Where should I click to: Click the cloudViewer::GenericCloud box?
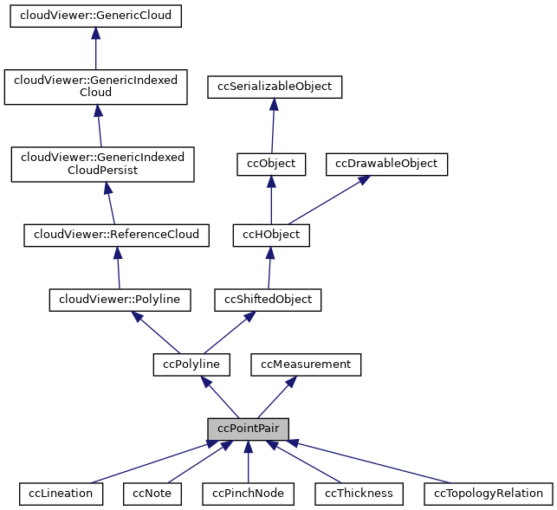pos(95,16)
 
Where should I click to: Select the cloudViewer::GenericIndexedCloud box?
pos(95,86)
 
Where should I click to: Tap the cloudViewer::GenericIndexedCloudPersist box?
pos(102,164)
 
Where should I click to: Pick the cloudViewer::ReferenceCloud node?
pos(116,234)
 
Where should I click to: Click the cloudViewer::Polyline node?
pos(120,300)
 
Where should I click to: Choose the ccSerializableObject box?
pos(275,87)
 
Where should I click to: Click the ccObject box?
pos(271,164)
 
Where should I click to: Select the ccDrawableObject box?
pos(386,164)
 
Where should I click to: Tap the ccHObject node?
pos(271,234)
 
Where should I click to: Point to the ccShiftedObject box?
pos(269,300)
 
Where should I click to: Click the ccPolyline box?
pos(191,365)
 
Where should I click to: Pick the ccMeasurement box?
pos(306,365)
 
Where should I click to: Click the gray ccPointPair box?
pos(248,429)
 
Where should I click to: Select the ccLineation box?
pos(61,494)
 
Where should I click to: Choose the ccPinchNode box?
pos(248,494)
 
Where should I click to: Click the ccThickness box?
pos(359,494)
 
